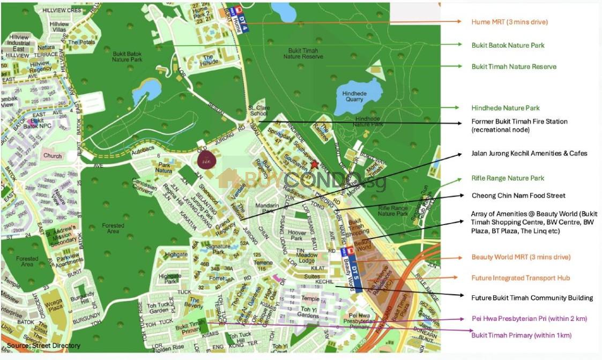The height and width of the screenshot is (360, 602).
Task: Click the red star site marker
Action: pyautogui.click(x=314, y=166)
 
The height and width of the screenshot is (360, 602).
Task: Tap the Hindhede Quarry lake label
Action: pyautogui.click(x=354, y=96)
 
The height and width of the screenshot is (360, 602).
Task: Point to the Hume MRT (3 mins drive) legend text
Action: pyautogui.click(x=509, y=22)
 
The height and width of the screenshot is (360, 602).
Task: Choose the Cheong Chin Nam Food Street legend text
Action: pyautogui.click(x=518, y=196)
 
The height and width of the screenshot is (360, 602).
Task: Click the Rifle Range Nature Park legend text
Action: pyautogui.click(x=508, y=178)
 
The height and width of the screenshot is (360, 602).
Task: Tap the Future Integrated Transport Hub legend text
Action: pyautogui.click(x=521, y=278)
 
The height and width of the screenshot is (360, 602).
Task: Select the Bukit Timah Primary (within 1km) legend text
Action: pyautogui.click(x=521, y=335)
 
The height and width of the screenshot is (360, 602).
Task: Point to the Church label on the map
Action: pyautogui.click(x=53, y=156)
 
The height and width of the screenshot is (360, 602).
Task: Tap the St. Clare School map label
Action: pyautogui.click(x=258, y=111)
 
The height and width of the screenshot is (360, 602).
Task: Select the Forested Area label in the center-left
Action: pyautogui.click(x=113, y=229)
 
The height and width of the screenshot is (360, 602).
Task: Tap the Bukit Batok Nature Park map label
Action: pyautogui.click(x=127, y=56)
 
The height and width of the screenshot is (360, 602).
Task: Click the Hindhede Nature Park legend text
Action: pyautogui.click(x=506, y=108)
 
